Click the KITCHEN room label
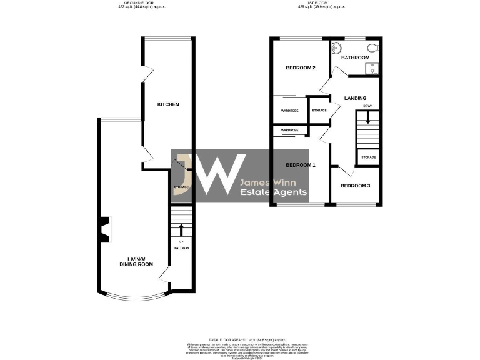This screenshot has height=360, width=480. (x=168, y=104)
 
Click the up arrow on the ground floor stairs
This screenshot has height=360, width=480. (x=181, y=229)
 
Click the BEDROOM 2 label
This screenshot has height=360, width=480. (x=300, y=67)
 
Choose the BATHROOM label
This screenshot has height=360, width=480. (x=355, y=57)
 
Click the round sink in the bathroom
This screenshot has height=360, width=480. (x=336, y=47)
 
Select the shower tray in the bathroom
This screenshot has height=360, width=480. (x=372, y=68)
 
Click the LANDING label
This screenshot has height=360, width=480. (x=355, y=98)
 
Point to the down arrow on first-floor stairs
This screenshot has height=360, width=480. (x=368, y=119)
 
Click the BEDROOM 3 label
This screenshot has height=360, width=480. (x=355, y=186)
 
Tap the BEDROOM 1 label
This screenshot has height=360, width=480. (x=301, y=165)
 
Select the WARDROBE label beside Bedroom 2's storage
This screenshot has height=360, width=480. (x=289, y=111)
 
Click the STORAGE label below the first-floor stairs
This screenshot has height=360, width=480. (x=368, y=157)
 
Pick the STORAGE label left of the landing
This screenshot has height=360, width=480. (x=319, y=111)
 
